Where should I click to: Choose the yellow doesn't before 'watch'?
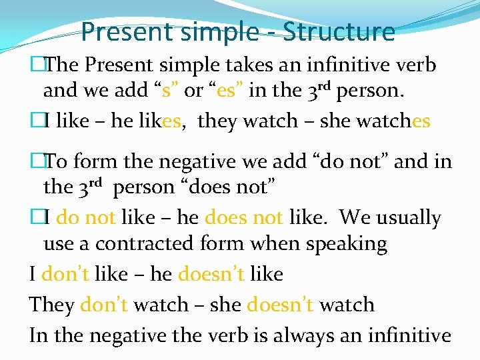pyautogui.click(x=280, y=305)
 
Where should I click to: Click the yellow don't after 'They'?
pyautogui.click(x=103, y=305)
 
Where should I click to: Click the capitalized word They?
pyautogui.click(x=51, y=305)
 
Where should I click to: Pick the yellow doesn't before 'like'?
pyautogui.click(x=211, y=274)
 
